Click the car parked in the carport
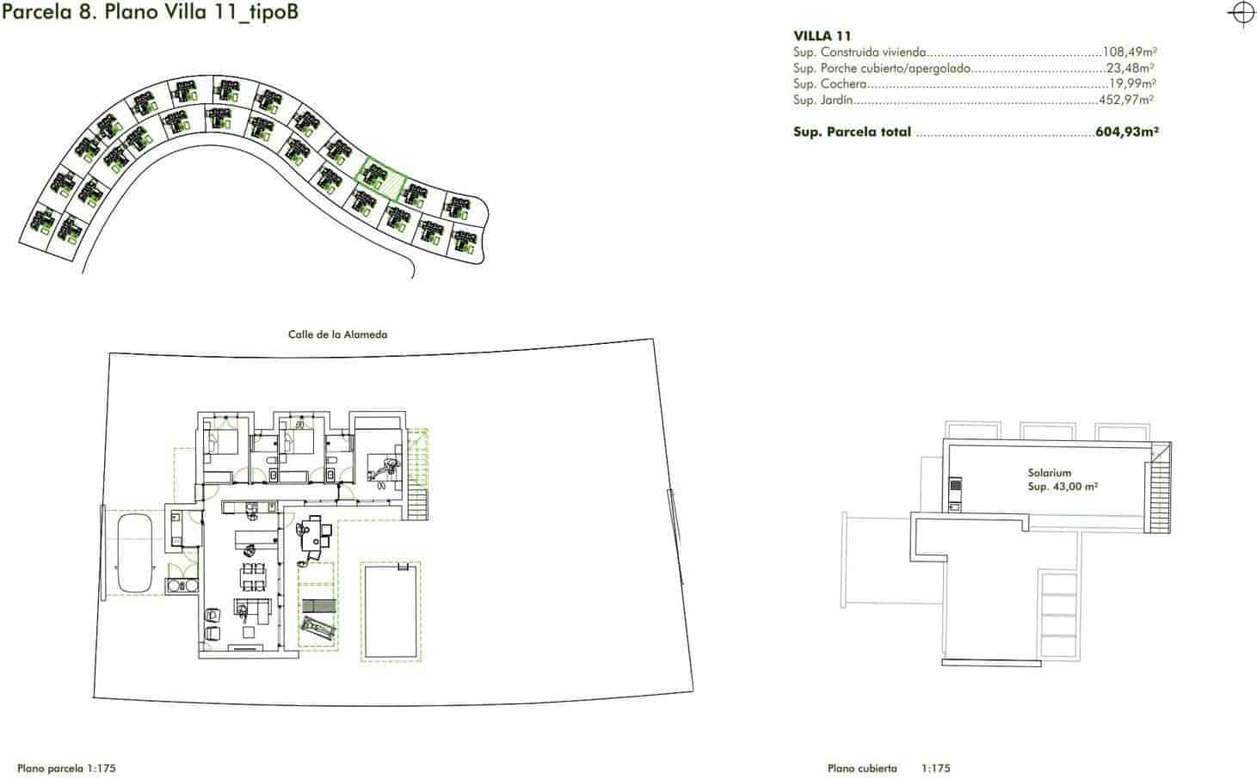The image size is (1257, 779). (133, 553)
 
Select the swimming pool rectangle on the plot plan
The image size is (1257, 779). (391, 611)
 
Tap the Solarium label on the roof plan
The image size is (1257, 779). (1049, 473)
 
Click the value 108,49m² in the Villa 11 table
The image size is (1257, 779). (1128, 52)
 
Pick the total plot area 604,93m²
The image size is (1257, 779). (1127, 132)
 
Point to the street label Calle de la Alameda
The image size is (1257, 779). (337, 334)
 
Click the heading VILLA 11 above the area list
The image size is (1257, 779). (822, 36)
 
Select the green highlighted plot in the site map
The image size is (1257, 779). (380, 178)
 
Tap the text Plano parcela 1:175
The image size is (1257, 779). (66, 769)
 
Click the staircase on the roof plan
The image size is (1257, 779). (1156, 489)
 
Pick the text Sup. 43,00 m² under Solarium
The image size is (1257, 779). (1063, 487)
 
